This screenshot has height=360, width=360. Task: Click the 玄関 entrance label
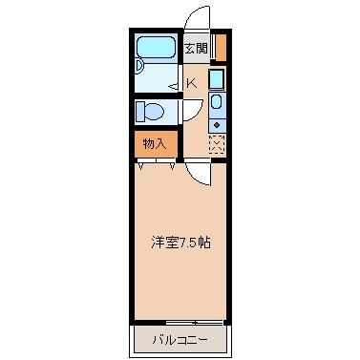(x=195, y=48)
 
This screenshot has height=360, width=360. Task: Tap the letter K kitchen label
(x=192, y=83)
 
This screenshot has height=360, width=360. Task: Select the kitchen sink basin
(x=217, y=79)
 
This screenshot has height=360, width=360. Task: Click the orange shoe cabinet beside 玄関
(x=221, y=47)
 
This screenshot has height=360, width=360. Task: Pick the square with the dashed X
(x=217, y=144)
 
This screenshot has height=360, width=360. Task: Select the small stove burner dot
(x=217, y=123)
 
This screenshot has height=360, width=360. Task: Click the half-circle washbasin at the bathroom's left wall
(x=138, y=68)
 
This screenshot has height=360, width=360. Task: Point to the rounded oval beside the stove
(x=216, y=102)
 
